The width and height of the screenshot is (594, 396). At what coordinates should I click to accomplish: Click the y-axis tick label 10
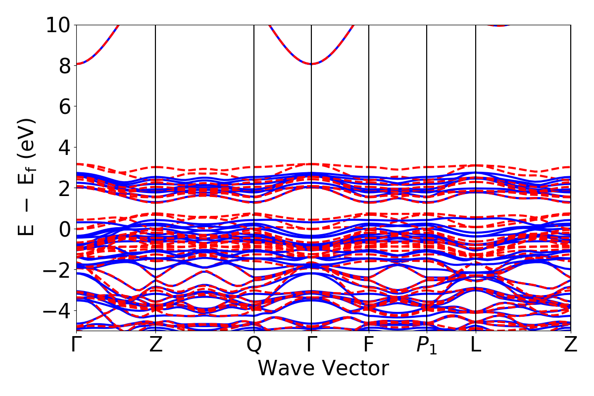click(59, 25)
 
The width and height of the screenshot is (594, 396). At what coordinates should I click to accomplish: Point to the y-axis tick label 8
click(64, 65)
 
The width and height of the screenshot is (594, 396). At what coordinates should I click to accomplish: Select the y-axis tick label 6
click(64, 106)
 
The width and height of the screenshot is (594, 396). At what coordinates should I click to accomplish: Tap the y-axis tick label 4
click(64, 147)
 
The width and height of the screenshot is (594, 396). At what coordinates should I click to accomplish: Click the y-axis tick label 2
click(64, 188)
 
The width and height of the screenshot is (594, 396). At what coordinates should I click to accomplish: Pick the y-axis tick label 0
click(64, 229)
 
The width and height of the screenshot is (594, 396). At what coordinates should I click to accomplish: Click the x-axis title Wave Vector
click(323, 368)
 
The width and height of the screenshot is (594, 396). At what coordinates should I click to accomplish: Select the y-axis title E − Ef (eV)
click(28, 177)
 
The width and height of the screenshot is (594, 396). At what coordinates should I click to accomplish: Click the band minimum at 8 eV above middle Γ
click(311, 64)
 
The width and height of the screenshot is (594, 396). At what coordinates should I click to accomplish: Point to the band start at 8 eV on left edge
click(77, 64)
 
